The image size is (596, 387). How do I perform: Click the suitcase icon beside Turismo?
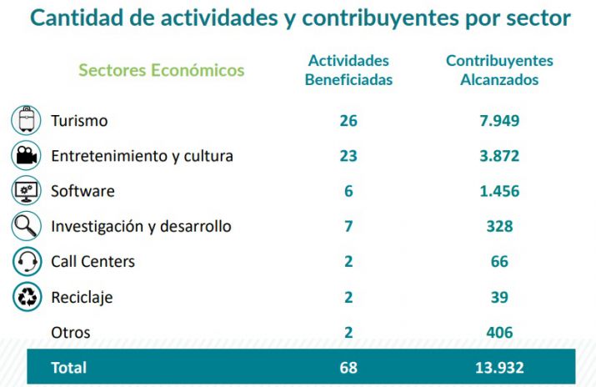click(26, 120)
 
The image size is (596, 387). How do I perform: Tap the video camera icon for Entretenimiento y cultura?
click(26, 156)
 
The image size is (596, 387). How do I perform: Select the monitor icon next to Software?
click(26, 191)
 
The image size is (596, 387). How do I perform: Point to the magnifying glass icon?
click(26, 226)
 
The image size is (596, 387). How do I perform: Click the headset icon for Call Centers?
click(26, 262)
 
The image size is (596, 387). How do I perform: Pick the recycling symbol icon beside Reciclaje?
click(26, 297)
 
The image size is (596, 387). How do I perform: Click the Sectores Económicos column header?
click(161, 70)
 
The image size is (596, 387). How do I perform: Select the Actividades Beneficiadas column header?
click(348, 70)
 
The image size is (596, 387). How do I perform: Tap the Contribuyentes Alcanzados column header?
click(499, 70)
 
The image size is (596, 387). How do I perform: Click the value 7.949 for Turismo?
click(499, 121)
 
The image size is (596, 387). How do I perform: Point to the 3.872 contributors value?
click(499, 156)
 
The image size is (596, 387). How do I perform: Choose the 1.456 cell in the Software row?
click(499, 191)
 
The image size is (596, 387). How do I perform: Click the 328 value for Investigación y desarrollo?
click(499, 226)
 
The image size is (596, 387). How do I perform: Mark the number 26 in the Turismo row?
click(348, 121)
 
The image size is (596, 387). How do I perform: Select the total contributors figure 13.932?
click(499, 367)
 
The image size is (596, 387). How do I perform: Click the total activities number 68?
click(348, 367)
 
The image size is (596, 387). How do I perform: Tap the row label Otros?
click(71, 333)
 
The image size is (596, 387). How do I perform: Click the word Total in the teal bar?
click(69, 367)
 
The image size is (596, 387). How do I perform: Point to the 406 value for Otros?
click(499, 333)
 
